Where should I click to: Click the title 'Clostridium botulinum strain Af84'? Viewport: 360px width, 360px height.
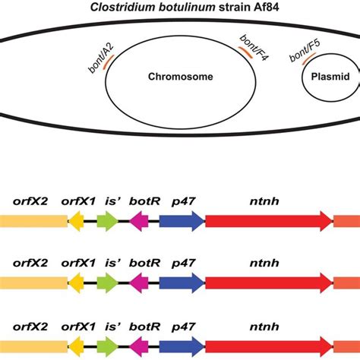click(179, 8)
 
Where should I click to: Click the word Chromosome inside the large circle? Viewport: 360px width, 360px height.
click(179, 77)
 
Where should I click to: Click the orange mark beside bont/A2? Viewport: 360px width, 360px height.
click(108, 65)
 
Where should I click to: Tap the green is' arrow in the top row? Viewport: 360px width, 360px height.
click(108, 221)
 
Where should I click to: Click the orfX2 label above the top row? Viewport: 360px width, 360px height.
click(30, 201)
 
